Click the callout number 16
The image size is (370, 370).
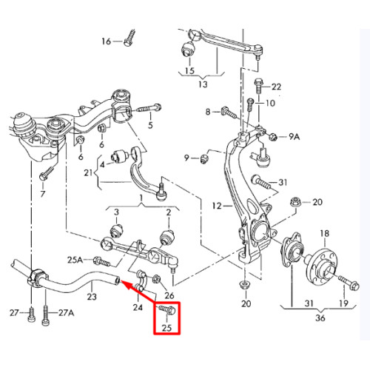tap(107, 41)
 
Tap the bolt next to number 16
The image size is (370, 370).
tap(129, 38)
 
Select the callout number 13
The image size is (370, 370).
tap(203, 84)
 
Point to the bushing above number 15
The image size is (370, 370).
tap(188, 49)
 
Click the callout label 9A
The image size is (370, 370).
tap(295, 136)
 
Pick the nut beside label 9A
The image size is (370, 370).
tap(274, 136)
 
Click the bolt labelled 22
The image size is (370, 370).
tap(258, 86)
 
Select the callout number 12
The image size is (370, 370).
tap(217, 206)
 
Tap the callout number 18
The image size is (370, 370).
tap(325, 233)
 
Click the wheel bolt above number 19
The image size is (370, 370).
tap(349, 283)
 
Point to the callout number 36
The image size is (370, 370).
tap(320, 318)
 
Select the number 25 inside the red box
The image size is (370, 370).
tap(166, 328)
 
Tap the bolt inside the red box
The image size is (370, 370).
tap(166, 310)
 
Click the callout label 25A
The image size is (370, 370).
tap(75, 260)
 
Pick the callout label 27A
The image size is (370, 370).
tap(66, 313)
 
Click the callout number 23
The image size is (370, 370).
tap(92, 296)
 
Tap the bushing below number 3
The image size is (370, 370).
tap(116, 230)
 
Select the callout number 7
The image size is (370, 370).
tap(43, 194)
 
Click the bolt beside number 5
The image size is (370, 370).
tap(149, 108)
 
